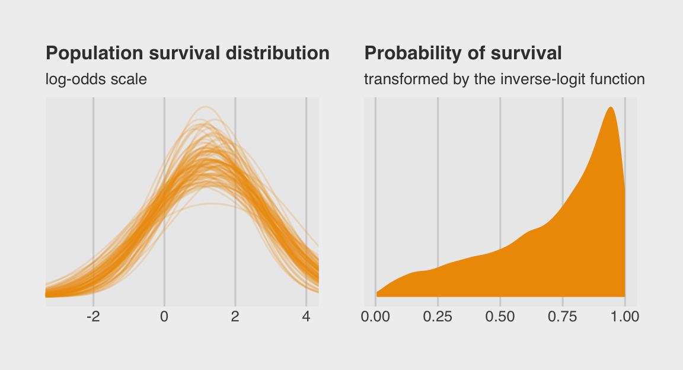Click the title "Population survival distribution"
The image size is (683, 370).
187,53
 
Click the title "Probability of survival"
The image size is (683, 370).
463,53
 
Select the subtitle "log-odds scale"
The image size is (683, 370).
96,79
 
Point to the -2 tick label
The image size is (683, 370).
93,317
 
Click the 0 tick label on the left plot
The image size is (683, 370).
164,317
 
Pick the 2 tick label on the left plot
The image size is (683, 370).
235,317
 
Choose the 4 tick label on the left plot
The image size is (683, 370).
306,317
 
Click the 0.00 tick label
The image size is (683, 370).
375,317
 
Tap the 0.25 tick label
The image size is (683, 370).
438,317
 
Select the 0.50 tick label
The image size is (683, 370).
500,317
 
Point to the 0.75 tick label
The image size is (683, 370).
563,317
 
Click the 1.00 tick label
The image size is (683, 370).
625,317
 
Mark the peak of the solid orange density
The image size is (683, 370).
610,107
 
